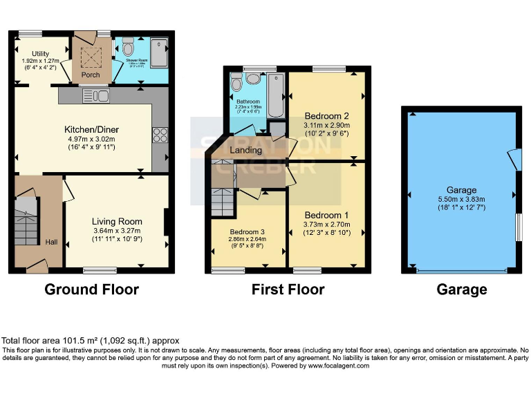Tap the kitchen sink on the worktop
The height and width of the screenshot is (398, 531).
tap(95, 94)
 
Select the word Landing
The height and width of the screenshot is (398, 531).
tap(246, 150)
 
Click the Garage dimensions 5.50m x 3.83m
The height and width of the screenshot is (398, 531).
tap(461, 199)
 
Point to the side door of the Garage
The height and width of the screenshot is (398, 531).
tap(512, 160)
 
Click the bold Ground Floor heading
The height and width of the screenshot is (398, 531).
tap(91, 290)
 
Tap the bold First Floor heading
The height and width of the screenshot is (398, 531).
tap(288, 290)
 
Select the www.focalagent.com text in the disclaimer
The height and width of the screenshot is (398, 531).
tap(335, 366)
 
